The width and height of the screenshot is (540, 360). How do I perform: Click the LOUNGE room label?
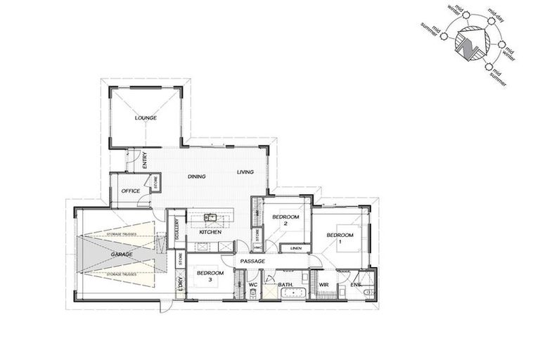click(146, 118)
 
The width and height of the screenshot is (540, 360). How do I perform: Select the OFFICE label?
click(131, 191)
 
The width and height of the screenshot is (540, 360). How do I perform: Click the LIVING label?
click(245, 172)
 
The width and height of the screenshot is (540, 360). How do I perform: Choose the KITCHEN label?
click(210, 231)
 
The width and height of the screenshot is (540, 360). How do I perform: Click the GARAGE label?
click(122, 254)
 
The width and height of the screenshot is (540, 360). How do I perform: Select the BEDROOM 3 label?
click(210, 276)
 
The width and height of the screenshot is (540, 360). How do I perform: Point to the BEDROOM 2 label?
click(285, 221)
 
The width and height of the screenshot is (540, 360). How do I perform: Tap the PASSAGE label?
click(252, 262)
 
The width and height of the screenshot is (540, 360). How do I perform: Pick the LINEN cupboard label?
click(295, 248)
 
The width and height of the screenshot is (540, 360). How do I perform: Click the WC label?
click(253, 285)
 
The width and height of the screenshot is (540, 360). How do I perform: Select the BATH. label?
click(285, 285)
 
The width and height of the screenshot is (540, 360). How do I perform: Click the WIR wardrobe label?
click(324, 285)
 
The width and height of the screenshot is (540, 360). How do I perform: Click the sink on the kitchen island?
click(210, 217)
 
